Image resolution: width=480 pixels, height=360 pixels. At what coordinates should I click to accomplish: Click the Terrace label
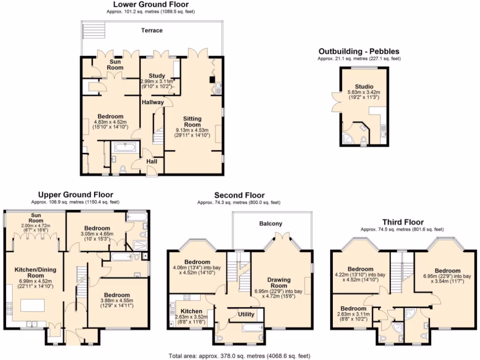[152, 30]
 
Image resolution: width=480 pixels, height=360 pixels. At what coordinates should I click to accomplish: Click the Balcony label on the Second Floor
[271, 224]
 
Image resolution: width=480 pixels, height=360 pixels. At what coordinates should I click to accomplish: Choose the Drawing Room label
[279, 283]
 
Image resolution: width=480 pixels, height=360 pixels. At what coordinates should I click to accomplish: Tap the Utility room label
[246, 314]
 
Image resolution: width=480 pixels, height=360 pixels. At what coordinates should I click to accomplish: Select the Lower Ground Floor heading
[150, 4]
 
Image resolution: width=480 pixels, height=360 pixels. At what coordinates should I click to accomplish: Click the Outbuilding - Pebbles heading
[359, 51]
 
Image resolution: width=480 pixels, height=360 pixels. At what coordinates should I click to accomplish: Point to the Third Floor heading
[403, 222]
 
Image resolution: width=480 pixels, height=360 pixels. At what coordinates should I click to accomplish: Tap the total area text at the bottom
[240, 356]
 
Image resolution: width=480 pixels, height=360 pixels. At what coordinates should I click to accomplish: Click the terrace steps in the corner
[91, 31]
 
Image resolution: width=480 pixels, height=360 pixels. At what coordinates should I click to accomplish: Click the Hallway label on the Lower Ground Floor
[153, 102]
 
